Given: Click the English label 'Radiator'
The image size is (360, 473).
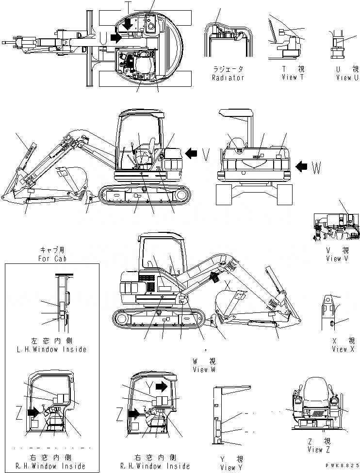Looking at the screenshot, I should [x=228, y=78].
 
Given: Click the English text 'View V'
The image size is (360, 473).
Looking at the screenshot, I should [x=333, y=259].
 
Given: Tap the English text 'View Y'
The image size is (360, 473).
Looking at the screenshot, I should [x=227, y=468].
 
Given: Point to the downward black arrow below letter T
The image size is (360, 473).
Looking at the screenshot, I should [x=128, y=24].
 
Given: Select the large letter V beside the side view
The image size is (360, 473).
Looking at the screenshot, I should [x=206, y=154].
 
